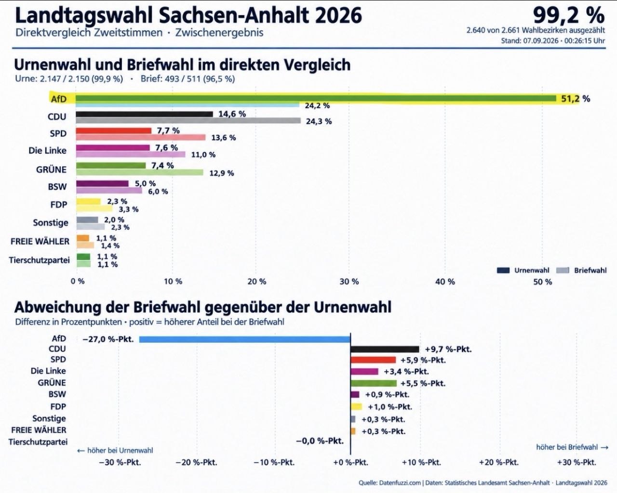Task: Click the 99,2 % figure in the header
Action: pos(569,15)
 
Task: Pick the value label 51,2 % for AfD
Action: pos(576,99)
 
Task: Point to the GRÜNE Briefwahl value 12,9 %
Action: pos(222,173)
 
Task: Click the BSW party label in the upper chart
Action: pos(57,187)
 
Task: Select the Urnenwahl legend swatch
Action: pos(503,271)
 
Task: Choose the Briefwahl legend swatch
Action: pos(563,271)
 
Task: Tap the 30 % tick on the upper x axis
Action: pos(349,282)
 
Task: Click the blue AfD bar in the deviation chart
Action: pos(245,339)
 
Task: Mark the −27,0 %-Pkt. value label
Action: pos(108,339)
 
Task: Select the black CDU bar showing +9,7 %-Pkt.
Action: pos(385,349)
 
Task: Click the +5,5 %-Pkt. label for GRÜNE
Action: pos(423,383)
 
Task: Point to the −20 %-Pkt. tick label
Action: pos(197,462)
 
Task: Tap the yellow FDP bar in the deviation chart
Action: pos(356,406)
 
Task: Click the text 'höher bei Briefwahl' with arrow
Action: pos(572,447)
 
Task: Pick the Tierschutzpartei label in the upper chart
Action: pos(39,260)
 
